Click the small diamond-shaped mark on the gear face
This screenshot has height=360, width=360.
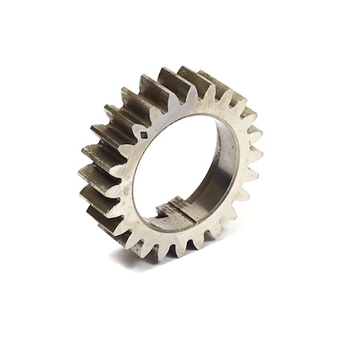point(144,135)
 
